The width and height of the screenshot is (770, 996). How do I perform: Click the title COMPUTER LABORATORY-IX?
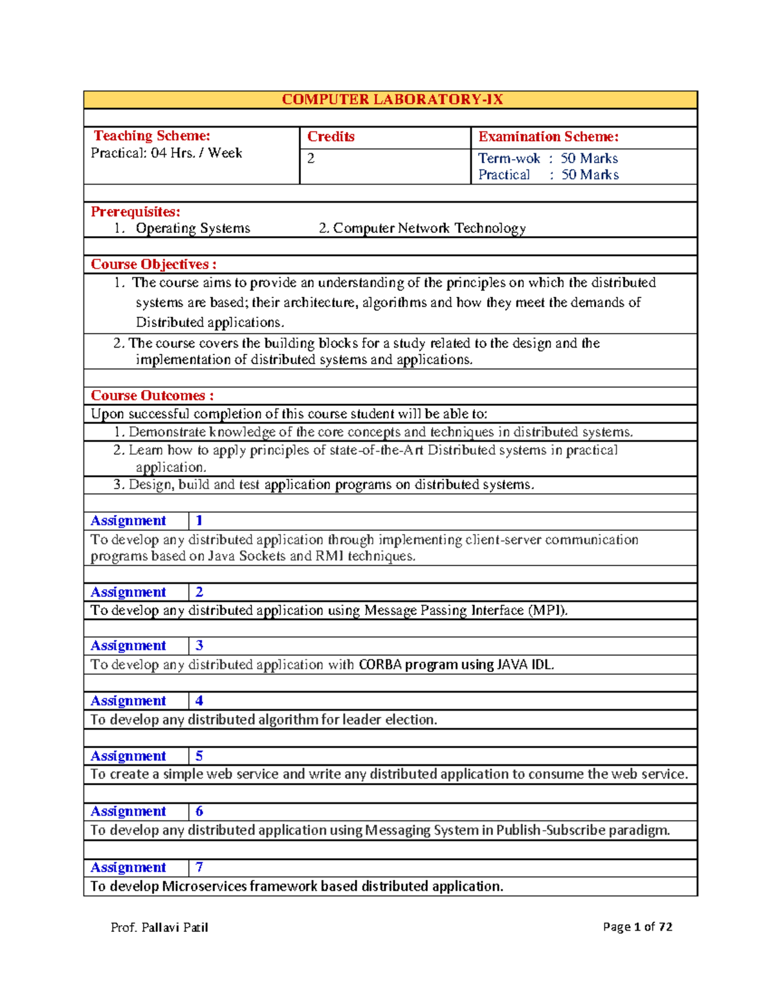[392, 99]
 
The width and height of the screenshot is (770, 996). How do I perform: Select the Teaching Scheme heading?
[152, 136]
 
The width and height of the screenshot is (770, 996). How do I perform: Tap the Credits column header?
[330, 137]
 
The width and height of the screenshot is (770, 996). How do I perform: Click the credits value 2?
[311, 158]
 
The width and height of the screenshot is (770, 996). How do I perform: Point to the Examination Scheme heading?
[548, 137]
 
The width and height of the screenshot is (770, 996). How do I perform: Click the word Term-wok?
[509, 158]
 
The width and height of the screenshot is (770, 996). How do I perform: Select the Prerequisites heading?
[135, 212]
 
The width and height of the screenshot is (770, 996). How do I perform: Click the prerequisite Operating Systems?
[193, 228]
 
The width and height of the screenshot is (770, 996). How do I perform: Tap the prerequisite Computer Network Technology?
[429, 228]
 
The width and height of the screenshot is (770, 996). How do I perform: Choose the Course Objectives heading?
[153, 264]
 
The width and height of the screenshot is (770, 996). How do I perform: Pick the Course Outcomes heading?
[152, 396]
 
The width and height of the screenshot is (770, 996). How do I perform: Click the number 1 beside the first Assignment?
[199, 521]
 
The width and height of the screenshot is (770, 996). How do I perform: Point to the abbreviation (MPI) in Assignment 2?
[547, 611]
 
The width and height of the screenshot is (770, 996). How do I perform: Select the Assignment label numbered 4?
[128, 701]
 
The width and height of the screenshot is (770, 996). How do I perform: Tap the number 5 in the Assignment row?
[199, 756]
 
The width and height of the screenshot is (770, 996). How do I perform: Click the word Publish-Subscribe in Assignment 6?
[551, 831]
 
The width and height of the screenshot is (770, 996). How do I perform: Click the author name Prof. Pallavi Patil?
[159, 927]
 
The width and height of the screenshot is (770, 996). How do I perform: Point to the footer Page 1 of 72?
[637, 927]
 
